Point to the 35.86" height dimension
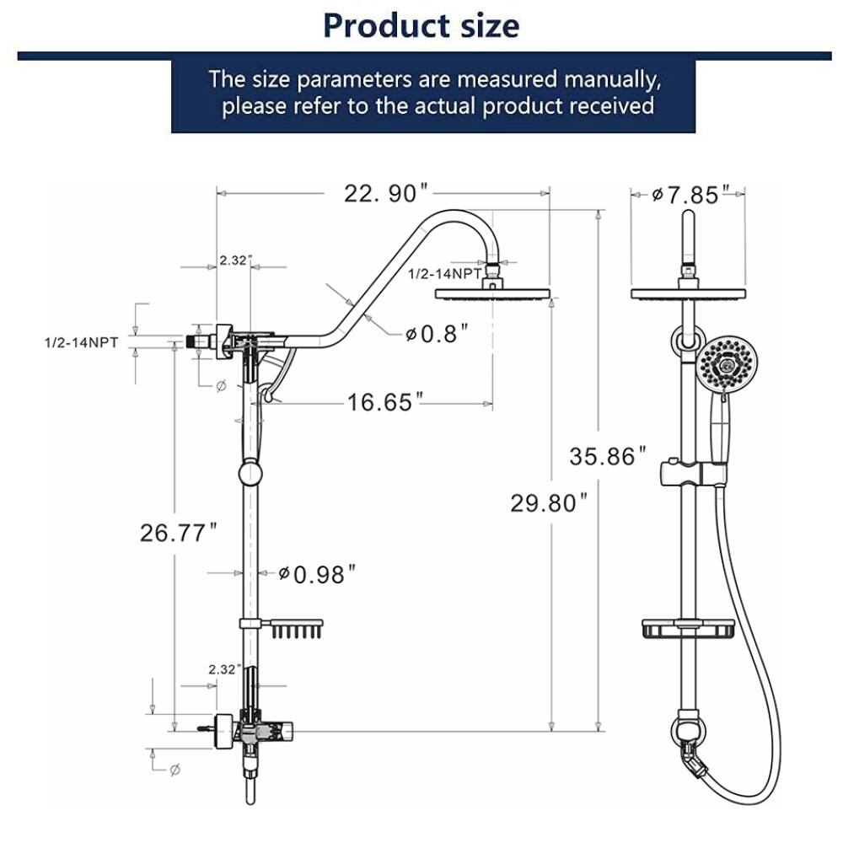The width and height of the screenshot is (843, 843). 607,457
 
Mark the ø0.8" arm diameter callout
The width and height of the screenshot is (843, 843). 436,334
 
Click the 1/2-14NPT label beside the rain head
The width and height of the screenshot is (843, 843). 444,274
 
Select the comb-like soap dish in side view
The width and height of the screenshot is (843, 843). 295,627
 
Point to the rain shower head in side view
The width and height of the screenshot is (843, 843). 491,294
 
